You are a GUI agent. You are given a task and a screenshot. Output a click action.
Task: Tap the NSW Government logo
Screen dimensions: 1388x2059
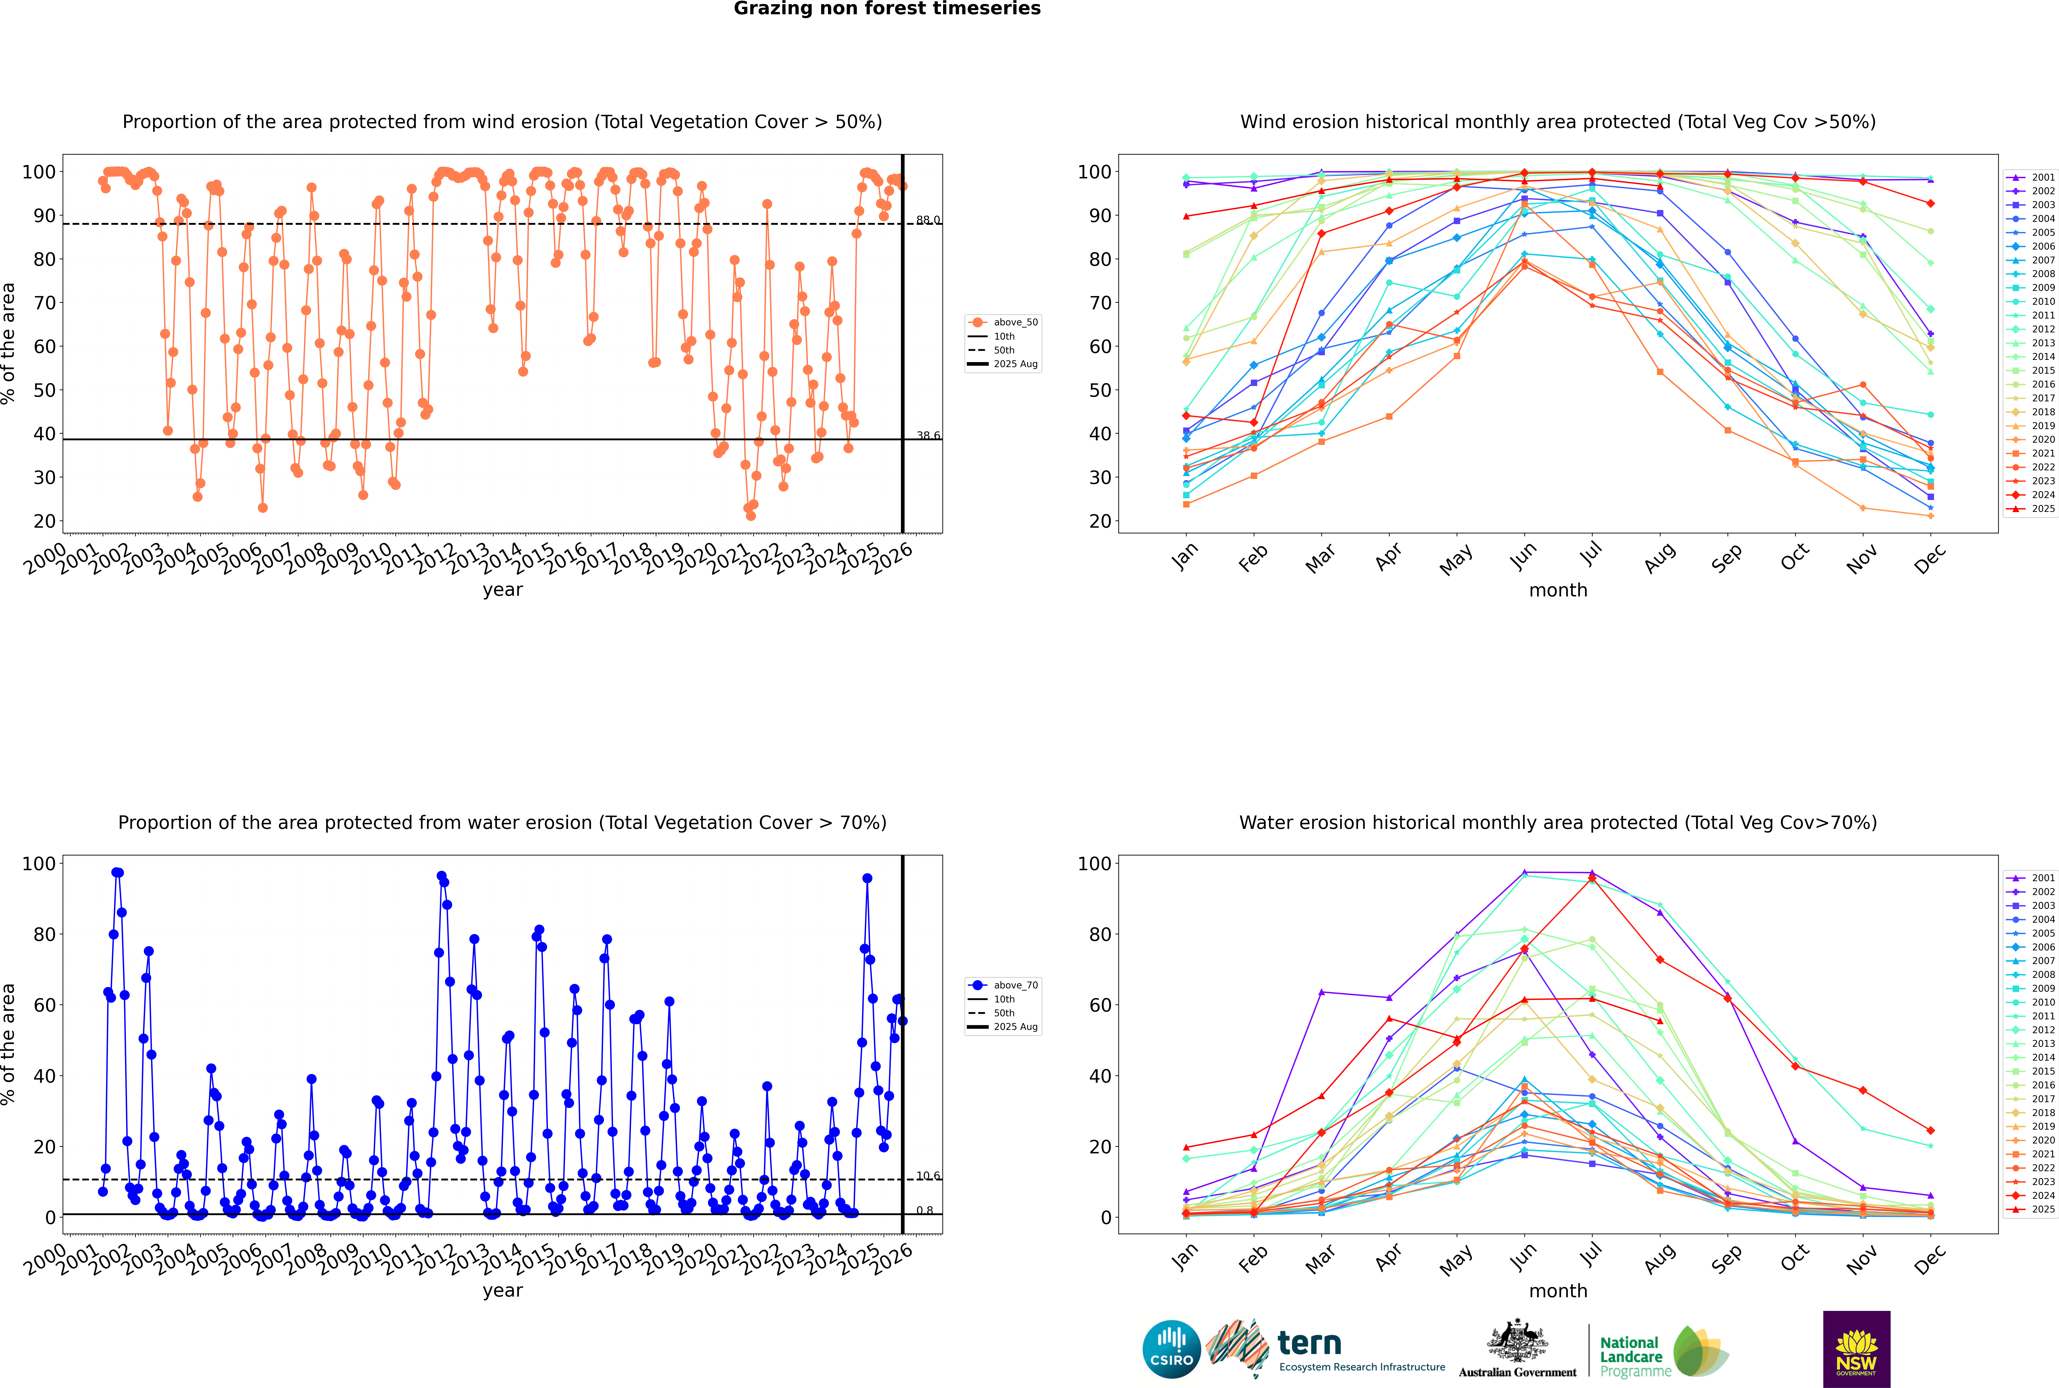(1856, 1349)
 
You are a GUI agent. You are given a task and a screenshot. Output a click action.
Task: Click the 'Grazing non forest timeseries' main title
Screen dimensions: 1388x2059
(887, 9)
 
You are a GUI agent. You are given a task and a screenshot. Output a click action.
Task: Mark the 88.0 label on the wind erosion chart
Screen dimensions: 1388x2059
(928, 220)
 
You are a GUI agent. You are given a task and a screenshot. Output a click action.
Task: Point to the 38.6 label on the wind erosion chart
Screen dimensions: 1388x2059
(928, 435)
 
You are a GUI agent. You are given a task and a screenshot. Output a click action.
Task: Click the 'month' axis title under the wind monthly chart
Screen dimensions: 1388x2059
(1558, 591)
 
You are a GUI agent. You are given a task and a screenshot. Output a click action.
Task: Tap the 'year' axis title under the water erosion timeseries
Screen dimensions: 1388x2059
(503, 1291)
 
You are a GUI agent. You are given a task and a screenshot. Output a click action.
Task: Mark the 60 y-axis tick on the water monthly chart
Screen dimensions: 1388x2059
(1100, 1006)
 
